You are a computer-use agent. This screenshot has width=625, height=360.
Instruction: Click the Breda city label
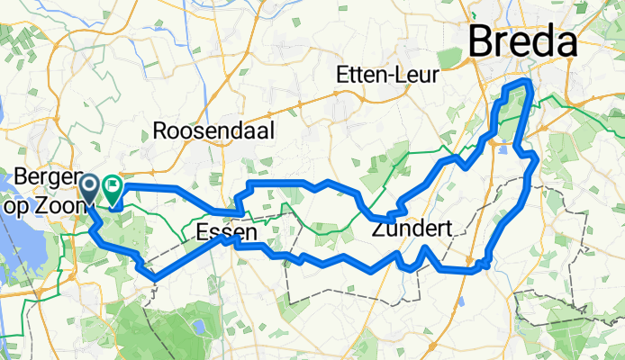522,43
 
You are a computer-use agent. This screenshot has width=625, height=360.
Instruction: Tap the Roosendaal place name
213,130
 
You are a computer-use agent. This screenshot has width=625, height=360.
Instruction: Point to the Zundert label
411,230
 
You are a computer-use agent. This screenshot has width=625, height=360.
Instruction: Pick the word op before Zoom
28,196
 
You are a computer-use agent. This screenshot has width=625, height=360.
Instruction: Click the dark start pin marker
91,188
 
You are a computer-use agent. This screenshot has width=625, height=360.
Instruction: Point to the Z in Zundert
377,230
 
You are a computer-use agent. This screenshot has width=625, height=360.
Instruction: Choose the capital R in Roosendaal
161,130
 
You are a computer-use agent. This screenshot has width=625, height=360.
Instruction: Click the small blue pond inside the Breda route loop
503,150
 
